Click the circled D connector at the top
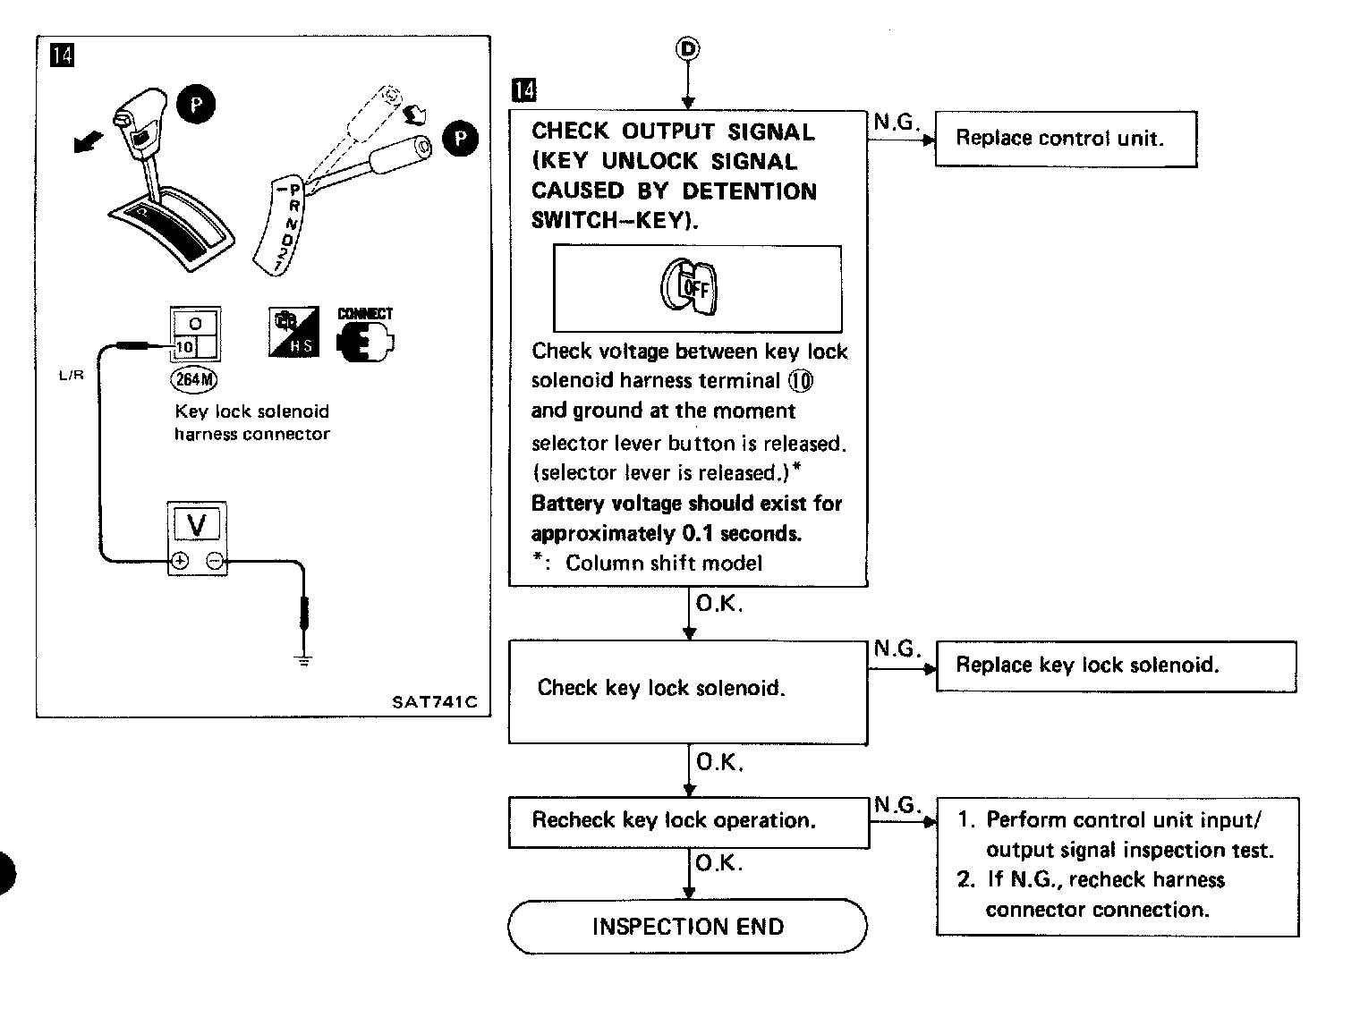coord(688,48)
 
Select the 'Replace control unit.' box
coord(1066,140)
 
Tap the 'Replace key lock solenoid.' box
coord(1116,666)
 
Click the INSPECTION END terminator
coord(687,926)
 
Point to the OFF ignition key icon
coord(689,286)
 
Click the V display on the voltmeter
coord(197,524)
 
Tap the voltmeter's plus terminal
coord(180,561)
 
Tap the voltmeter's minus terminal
coord(215,561)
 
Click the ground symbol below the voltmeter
coord(303,660)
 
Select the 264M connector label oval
coord(194,379)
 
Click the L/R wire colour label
coord(71,375)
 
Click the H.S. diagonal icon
coord(293,332)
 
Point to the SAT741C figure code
coord(434,702)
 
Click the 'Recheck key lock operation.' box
coord(689,823)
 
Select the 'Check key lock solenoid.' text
coord(661,689)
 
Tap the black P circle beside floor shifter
coord(196,105)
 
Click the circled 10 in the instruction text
coord(801,381)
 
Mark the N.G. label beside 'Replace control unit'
coord(897,122)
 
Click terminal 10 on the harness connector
coord(184,347)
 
